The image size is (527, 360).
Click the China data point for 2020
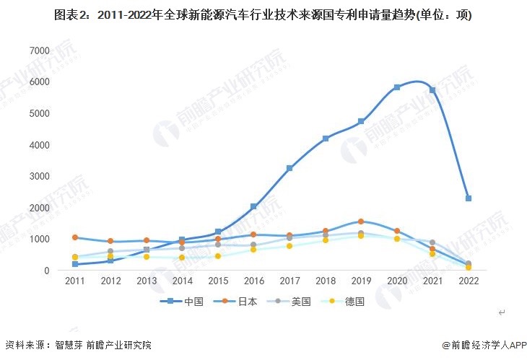point(397,87)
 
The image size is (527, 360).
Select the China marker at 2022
point(469,198)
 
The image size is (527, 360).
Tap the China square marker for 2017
point(289,168)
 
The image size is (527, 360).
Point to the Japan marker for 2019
point(361,221)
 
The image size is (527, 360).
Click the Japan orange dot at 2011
point(75,237)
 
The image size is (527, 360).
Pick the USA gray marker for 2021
point(432,243)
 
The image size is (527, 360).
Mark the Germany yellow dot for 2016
point(253,250)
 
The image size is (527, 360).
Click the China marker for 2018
point(326,138)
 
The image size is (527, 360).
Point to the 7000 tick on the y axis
point(39,51)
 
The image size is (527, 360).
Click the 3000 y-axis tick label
point(39,176)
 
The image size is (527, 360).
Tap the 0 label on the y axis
point(46,271)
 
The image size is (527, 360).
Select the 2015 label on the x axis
point(218,280)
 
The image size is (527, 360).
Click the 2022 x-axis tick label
point(469,280)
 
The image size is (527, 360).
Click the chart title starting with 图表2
point(263,15)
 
